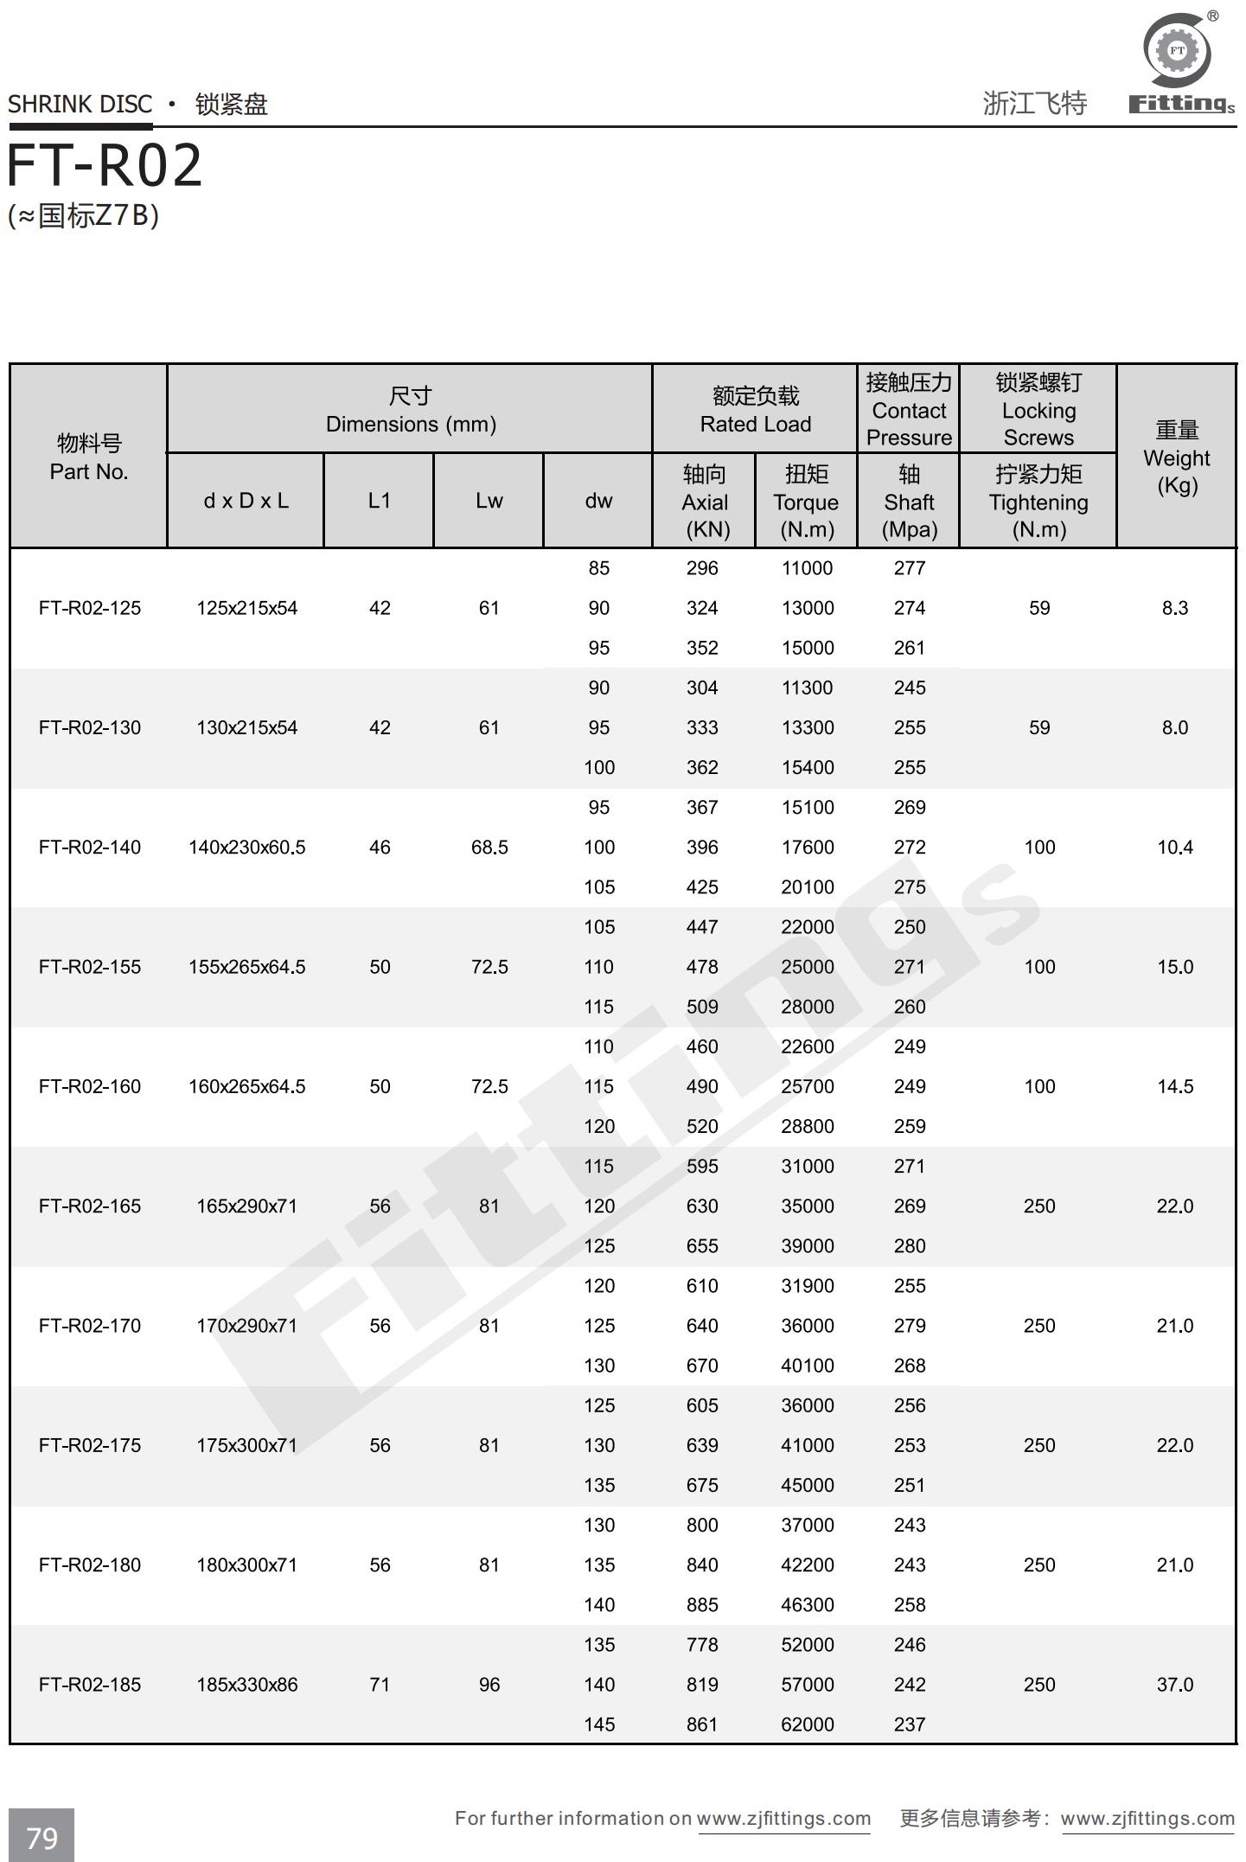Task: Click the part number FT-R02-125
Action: [x=90, y=608]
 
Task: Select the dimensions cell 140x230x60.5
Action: [x=246, y=848]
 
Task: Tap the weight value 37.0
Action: [x=1174, y=1685]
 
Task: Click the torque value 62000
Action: [x=807, y=1724]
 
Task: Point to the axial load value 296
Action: [x=701, y=568]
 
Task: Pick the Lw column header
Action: [x=489, y=501]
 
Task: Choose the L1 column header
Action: [x=379, y=501]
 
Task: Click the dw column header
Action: [x=598, y=501]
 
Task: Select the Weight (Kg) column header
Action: [x=1176, y=457]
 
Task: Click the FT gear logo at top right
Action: [x=1177, y=51]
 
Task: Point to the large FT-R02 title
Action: [x=105, y=166]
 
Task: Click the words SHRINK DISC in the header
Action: [x=80, y=105]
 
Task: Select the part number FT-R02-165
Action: [x=90, y=1206]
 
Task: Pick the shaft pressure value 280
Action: [x=909, y=1246]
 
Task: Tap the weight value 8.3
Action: [x=1174, y=608]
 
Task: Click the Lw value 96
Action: [x=489, y=1685]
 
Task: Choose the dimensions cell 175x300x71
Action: [x=246, y=1445]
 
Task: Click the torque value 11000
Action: [x=807, y=568]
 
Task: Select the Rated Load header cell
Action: [x=755, y=409]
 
